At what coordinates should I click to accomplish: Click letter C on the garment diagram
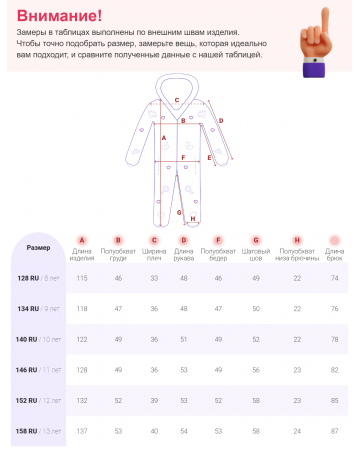(177, 100)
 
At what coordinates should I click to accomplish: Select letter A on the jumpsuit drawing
(163, 136)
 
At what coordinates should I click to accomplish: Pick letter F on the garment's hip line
(184, 158)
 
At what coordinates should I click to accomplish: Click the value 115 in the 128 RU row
(83, 278)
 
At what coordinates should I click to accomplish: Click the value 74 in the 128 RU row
(334, 278)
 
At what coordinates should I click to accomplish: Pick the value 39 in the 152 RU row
(154, 400)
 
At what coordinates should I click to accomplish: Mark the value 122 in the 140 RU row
(83, 339)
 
